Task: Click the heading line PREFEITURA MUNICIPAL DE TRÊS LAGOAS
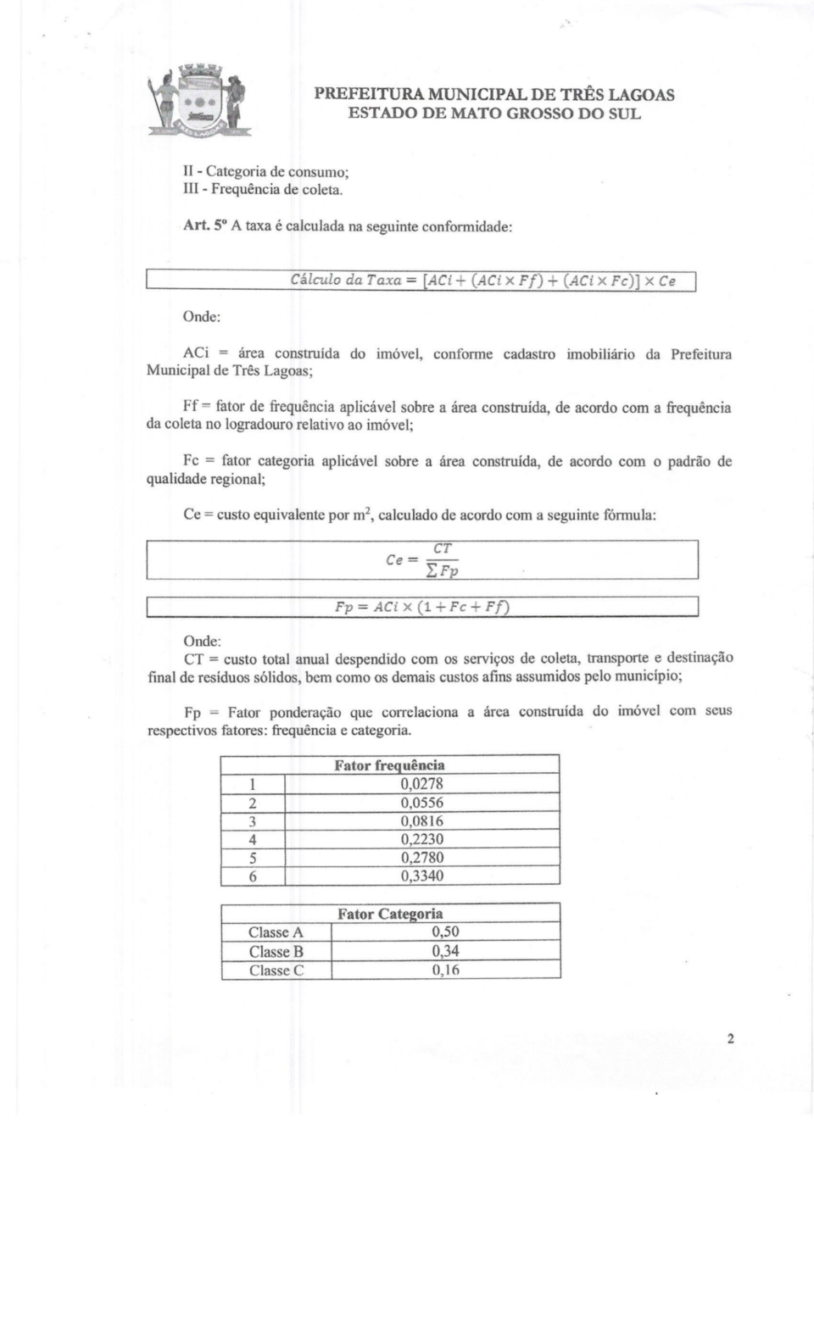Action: click(494, 94)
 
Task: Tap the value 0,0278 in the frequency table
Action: click(421, 784)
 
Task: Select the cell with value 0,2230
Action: click(421, 839)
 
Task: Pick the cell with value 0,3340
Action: click(421, 876)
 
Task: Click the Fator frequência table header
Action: click(389, 765)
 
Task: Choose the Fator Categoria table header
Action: click(390, 914)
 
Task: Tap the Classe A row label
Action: click(276, 932)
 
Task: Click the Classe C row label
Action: click(276, 970)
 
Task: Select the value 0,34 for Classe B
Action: click(445, 951)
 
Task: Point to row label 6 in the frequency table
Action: click(252, 876)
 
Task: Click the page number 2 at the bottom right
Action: click(729, 1039)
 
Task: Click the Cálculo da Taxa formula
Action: click(482, 281)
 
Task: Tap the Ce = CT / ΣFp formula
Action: click(422, 560)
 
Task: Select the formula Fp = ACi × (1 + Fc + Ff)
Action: click(421, 607)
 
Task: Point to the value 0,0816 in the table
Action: click(421, 820)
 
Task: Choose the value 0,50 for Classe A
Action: click(445, 932)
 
